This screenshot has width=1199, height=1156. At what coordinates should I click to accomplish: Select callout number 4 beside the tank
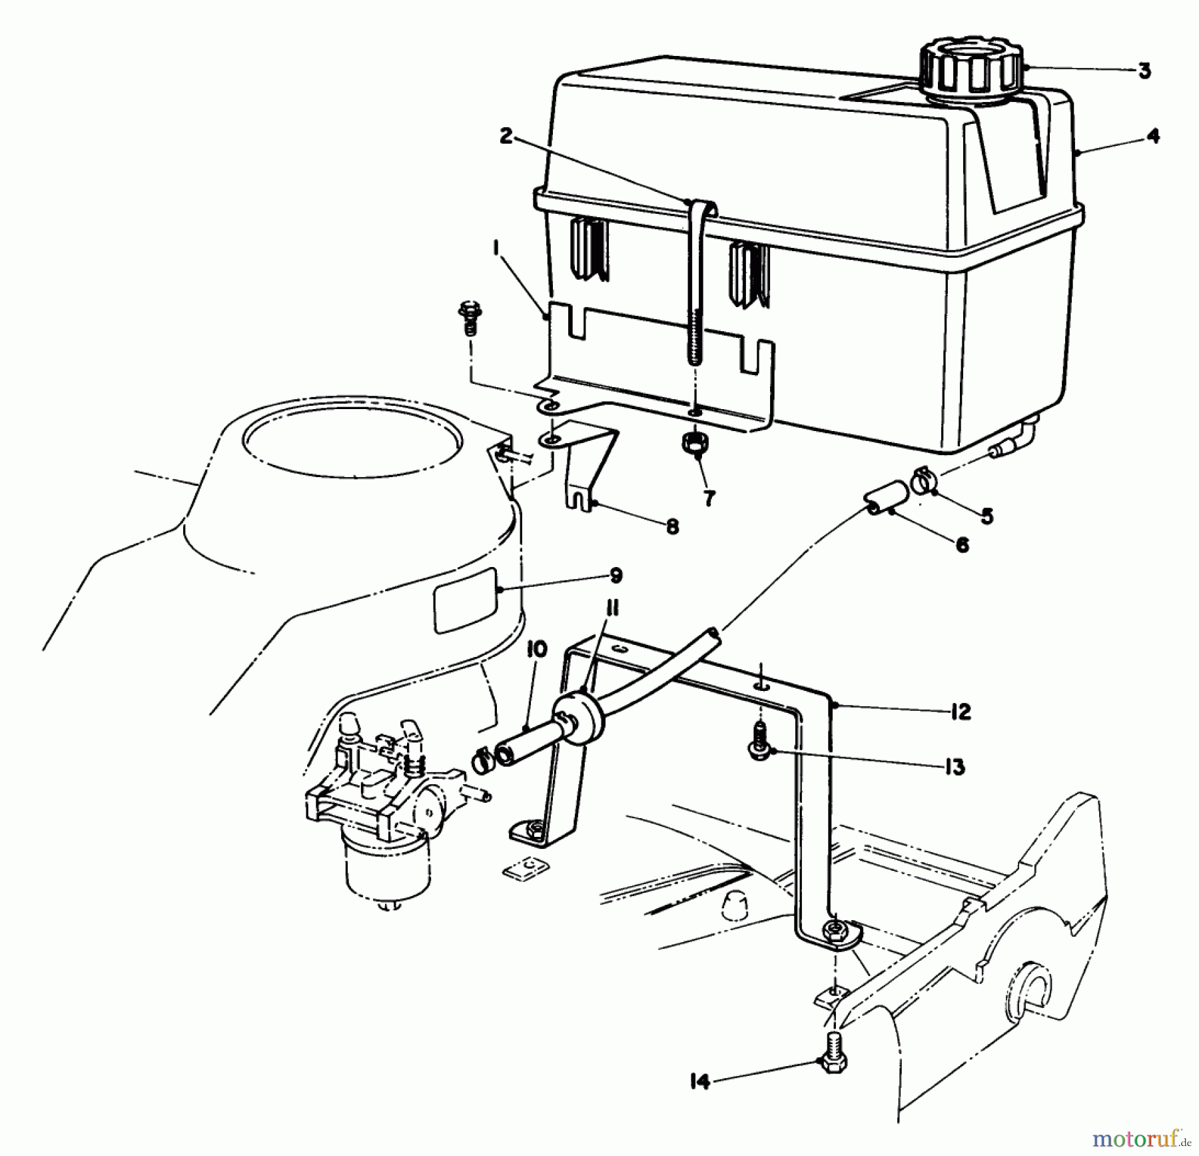[x=1153, y=136]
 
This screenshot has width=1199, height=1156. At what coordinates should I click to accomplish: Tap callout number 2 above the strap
[x=506, y=136]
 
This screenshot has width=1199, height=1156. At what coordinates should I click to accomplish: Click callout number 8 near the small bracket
[x=672, y=526]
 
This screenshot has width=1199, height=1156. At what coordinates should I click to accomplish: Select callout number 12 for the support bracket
[x=960, y=712]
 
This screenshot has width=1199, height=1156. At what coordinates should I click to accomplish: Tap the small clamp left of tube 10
[x=482, y=760]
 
